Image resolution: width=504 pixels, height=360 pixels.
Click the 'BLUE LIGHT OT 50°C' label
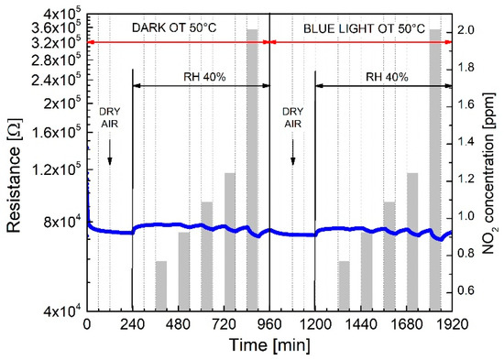coord(363,28)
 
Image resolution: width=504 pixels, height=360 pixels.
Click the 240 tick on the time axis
coord(133,324)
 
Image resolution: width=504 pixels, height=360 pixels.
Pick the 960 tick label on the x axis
coord(269,324)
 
